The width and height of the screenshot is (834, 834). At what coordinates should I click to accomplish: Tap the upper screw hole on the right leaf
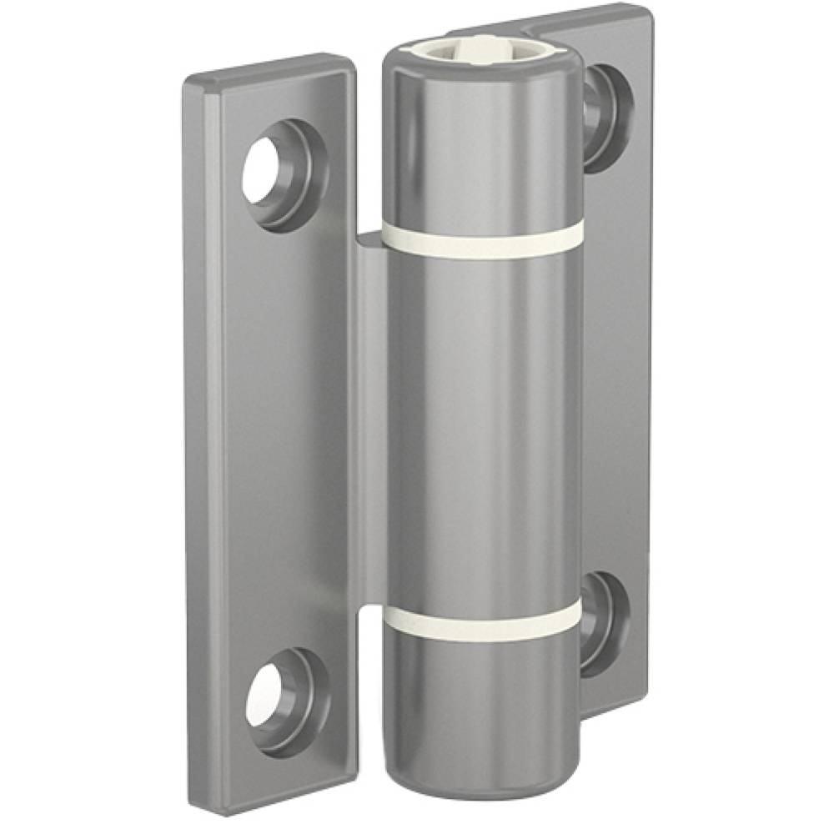[599, 117]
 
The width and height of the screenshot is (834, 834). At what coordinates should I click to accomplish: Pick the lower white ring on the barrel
[484, 621]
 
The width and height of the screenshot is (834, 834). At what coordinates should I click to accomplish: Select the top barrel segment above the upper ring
[482, 142]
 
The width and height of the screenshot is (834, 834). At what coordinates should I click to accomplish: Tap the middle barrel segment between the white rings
[482, 425]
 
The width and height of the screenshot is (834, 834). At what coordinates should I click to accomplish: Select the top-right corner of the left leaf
[350, 60]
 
